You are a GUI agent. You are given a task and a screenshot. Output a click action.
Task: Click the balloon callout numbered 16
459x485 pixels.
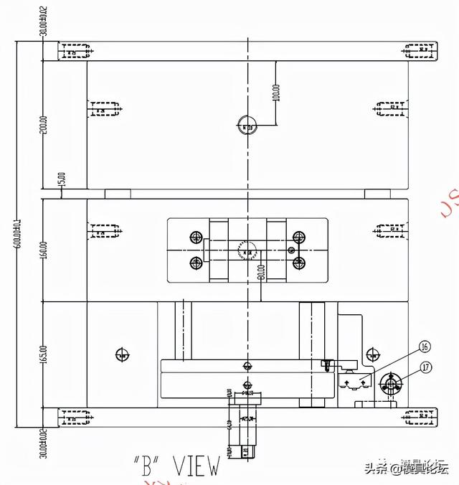coord(425,347)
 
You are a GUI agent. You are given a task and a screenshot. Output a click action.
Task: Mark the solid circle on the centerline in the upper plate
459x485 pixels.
coord(247,126)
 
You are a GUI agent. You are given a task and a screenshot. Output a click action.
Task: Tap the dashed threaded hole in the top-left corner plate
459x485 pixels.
coord(75,52)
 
